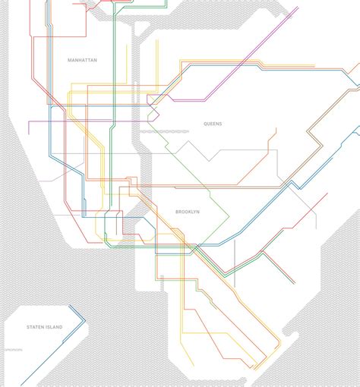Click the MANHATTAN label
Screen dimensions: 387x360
[x=82, y=60]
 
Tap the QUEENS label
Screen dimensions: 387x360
[x=213, y=124]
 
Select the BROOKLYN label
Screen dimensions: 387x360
[x=187, y=212]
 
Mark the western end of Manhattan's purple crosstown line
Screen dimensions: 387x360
[x=30, y=121]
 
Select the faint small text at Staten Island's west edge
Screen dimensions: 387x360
[x=14, y=350]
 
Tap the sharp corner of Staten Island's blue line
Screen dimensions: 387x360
[x=84, y=317]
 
